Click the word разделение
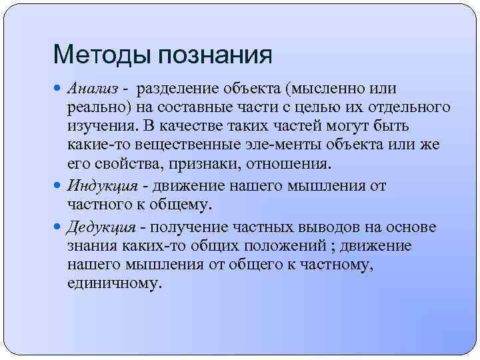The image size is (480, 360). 179,89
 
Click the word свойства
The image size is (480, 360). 126,164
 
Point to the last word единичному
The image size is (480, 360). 114,283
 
